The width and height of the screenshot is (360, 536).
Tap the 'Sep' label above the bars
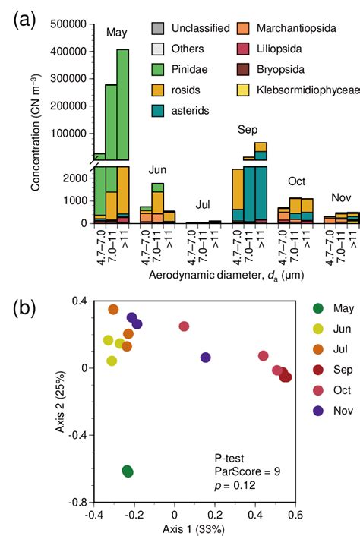pyautogui.click(x=248, y=130)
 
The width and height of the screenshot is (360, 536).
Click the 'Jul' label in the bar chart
pyautogui.click(x=204, y=205)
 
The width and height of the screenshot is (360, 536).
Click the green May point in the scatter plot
pyautogui.click(x=128, y=471)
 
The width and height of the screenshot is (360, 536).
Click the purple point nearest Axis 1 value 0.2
pyautogui.click(x=205, y=358)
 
